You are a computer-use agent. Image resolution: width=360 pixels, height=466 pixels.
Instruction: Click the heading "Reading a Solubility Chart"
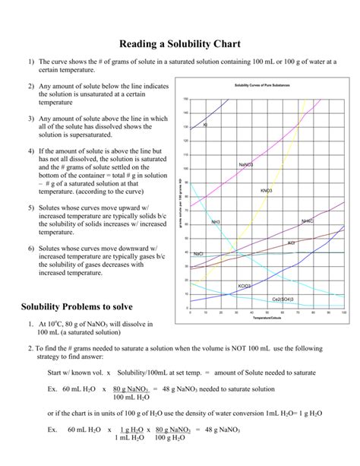coord(179,44)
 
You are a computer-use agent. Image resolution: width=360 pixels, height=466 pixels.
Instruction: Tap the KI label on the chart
coord(205,125)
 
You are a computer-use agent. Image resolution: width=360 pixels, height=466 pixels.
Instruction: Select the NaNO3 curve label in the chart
coord(245,164)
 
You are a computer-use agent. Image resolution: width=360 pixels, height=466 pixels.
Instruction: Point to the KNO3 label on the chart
coord(267,190)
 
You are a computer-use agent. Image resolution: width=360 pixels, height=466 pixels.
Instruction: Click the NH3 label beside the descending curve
coord(216,222)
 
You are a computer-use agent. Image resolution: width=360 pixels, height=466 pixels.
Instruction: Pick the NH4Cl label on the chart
coord(307,221)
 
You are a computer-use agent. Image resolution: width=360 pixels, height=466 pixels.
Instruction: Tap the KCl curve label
coord(291,243)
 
